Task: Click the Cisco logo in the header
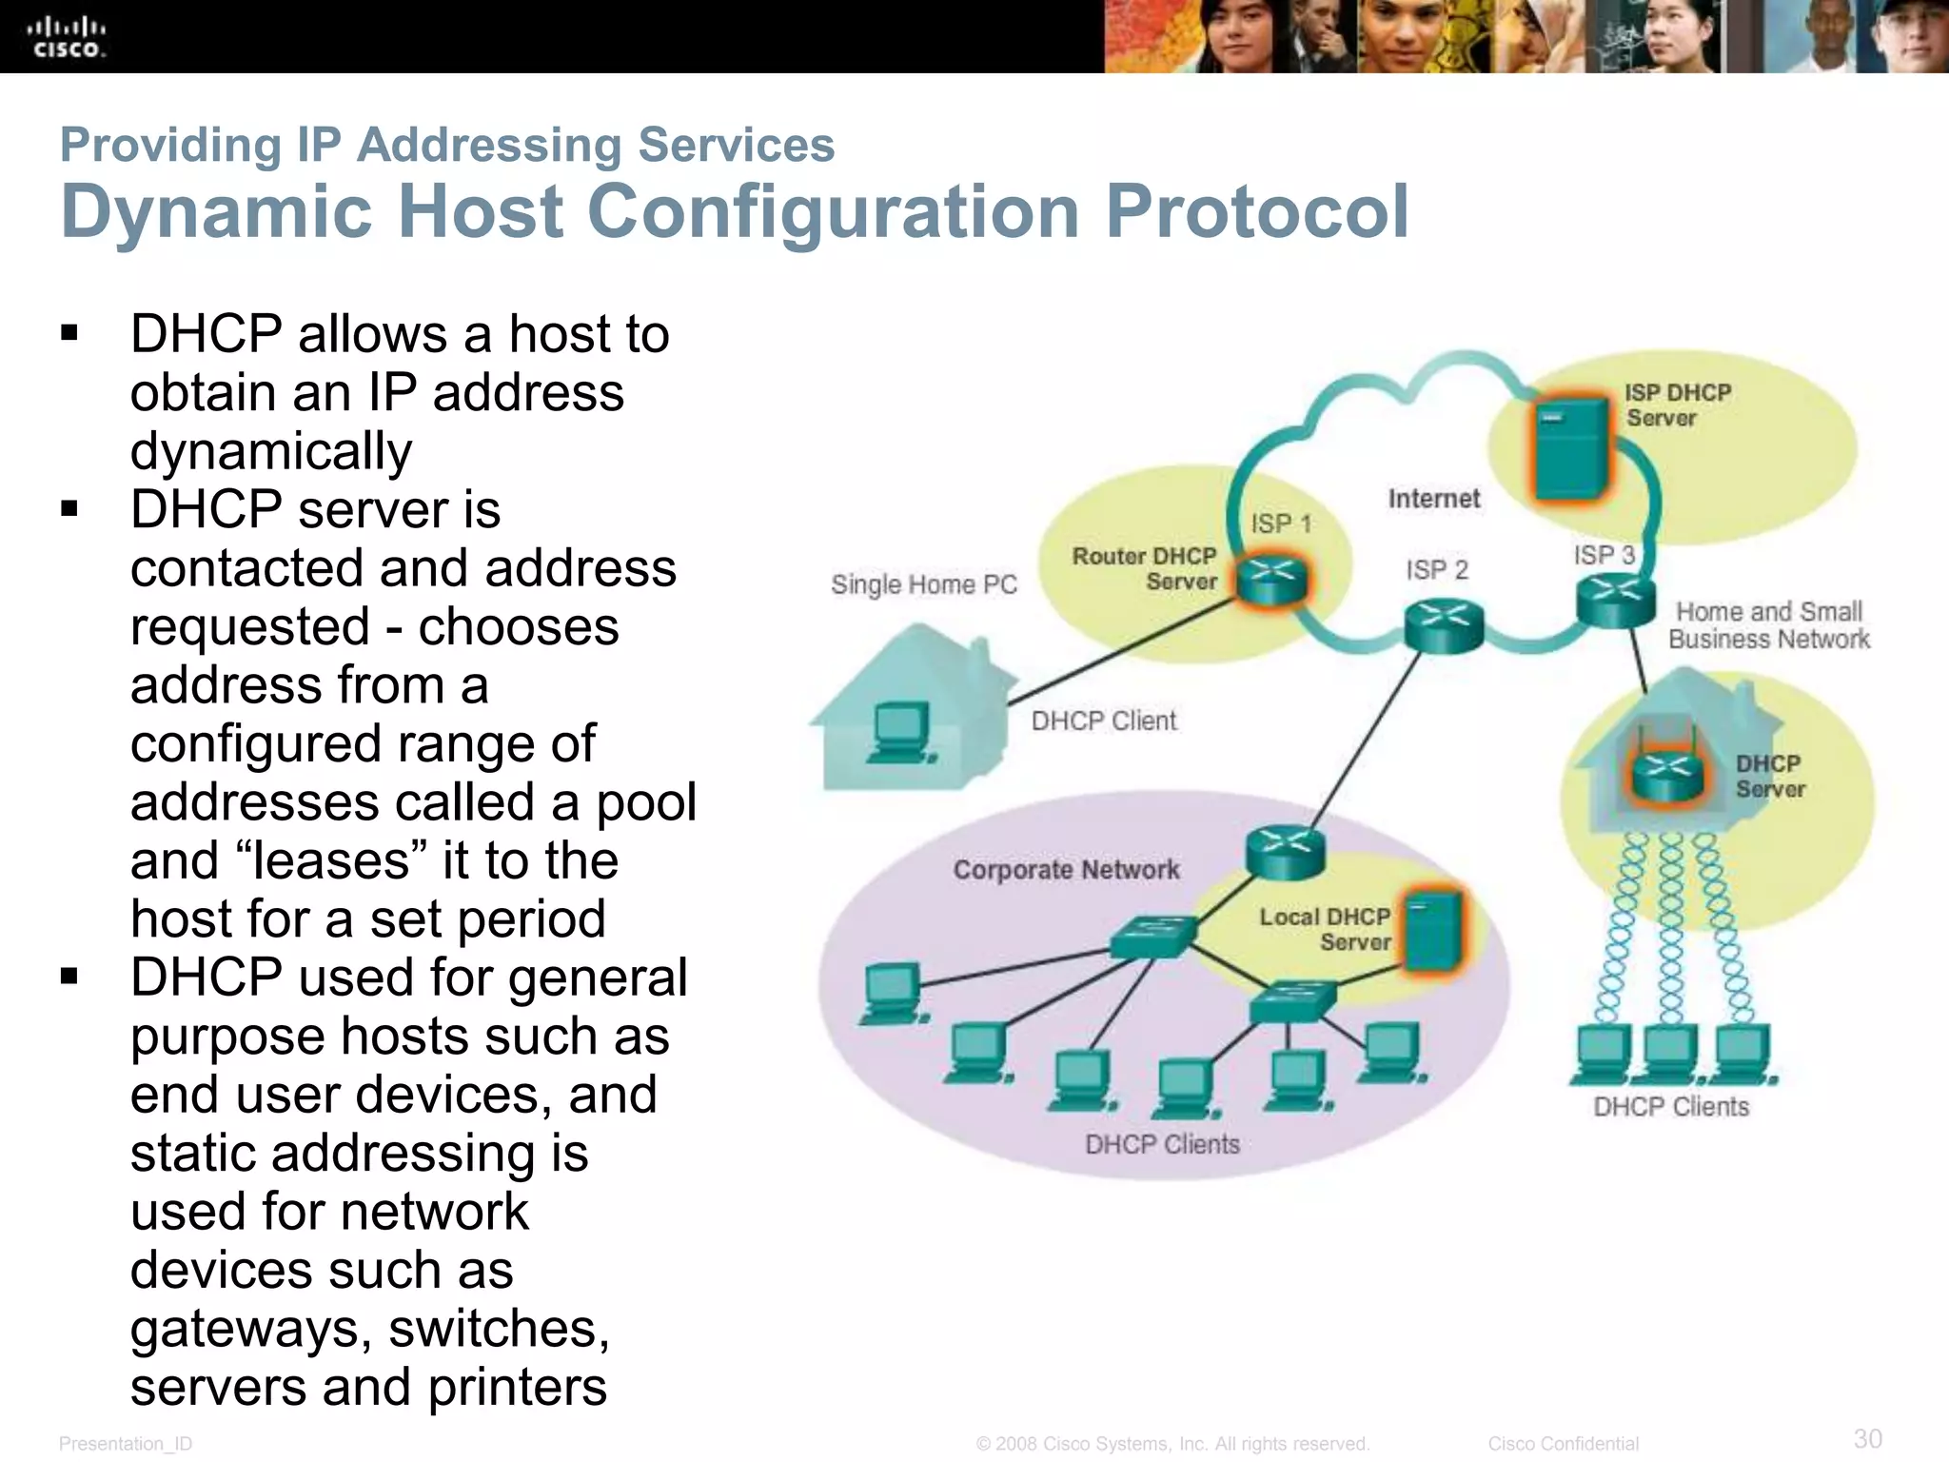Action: tap(66, 37)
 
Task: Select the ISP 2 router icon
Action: tap(1444, 625)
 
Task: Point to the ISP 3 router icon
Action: tap(1615, 601)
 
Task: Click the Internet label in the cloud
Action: tap(1433, 499)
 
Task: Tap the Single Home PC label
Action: tap(923, 584)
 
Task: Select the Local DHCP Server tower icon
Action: tap(1432, 932)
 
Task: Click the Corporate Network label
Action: tap(1066, 870)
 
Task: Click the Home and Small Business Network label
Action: tap(1768, 625)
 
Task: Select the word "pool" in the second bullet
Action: tap(646, 802)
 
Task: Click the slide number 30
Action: tap(1867, 1438)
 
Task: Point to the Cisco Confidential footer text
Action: tap(1563, 1444)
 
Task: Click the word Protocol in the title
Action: tap(1256, 211)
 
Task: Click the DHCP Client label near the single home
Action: tap(1103, 721)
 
